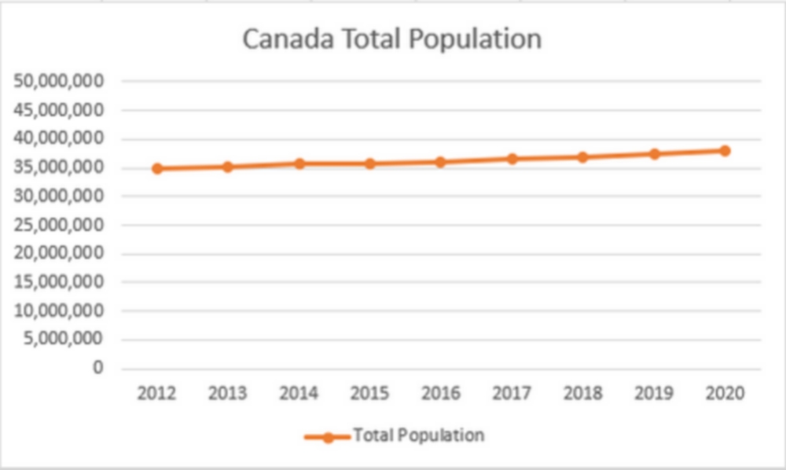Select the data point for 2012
pyautogui.click(x=157, y=168)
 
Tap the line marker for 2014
pyautogui.click(x=299, y=163)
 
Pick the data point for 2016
pyautogui.click(x=441, y=162)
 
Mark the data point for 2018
pyautogui.click(x=582, y=157)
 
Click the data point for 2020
pyautogui.click(x=725, y=150)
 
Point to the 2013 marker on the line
pyautogui.click(x=228, y=167)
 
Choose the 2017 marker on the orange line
pyautogui.click(x=512, y=159)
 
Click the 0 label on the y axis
pyautogui.click(x=98, y=368)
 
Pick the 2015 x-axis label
pyautogui.click(x=369, y=394)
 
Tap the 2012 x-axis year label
pyautogui.click(x=156, y=394)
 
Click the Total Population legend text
pyautogui.click(x=418, y=435)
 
